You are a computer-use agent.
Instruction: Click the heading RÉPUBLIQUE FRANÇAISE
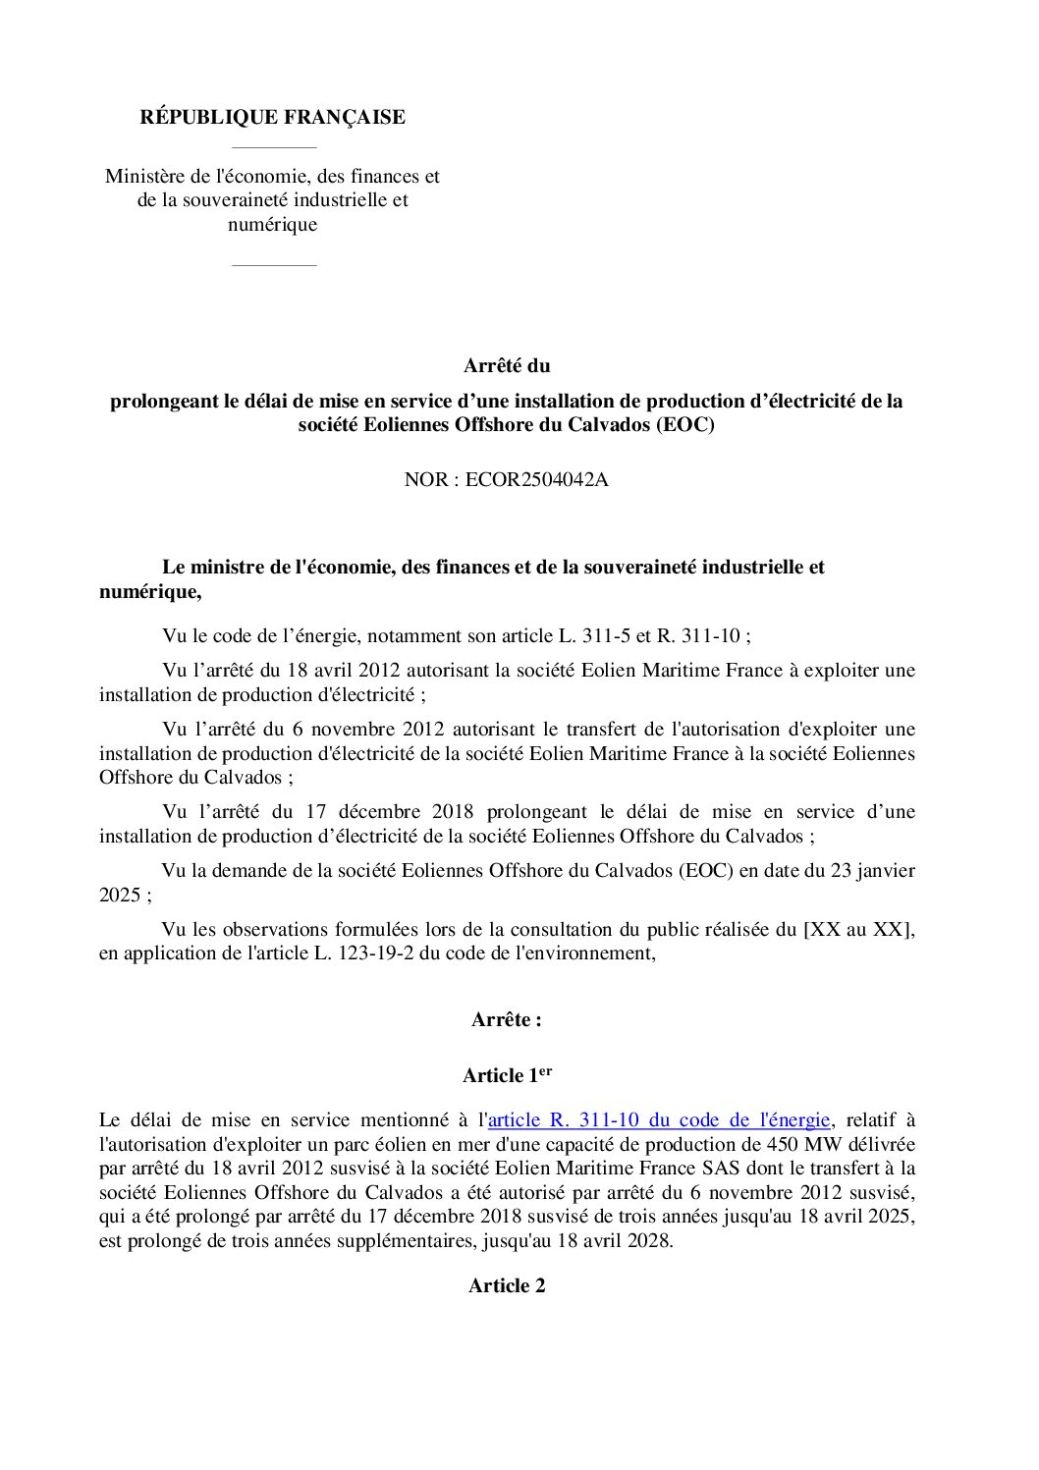click(x=272, y=118)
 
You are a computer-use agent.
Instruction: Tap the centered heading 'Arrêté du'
click(x=507, y=366)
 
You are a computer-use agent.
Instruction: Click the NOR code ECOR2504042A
click(x=536, y=481)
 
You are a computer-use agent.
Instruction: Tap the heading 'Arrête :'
click(x=507, y=1020)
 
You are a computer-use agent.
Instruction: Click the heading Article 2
click(x=507, y=1286)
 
